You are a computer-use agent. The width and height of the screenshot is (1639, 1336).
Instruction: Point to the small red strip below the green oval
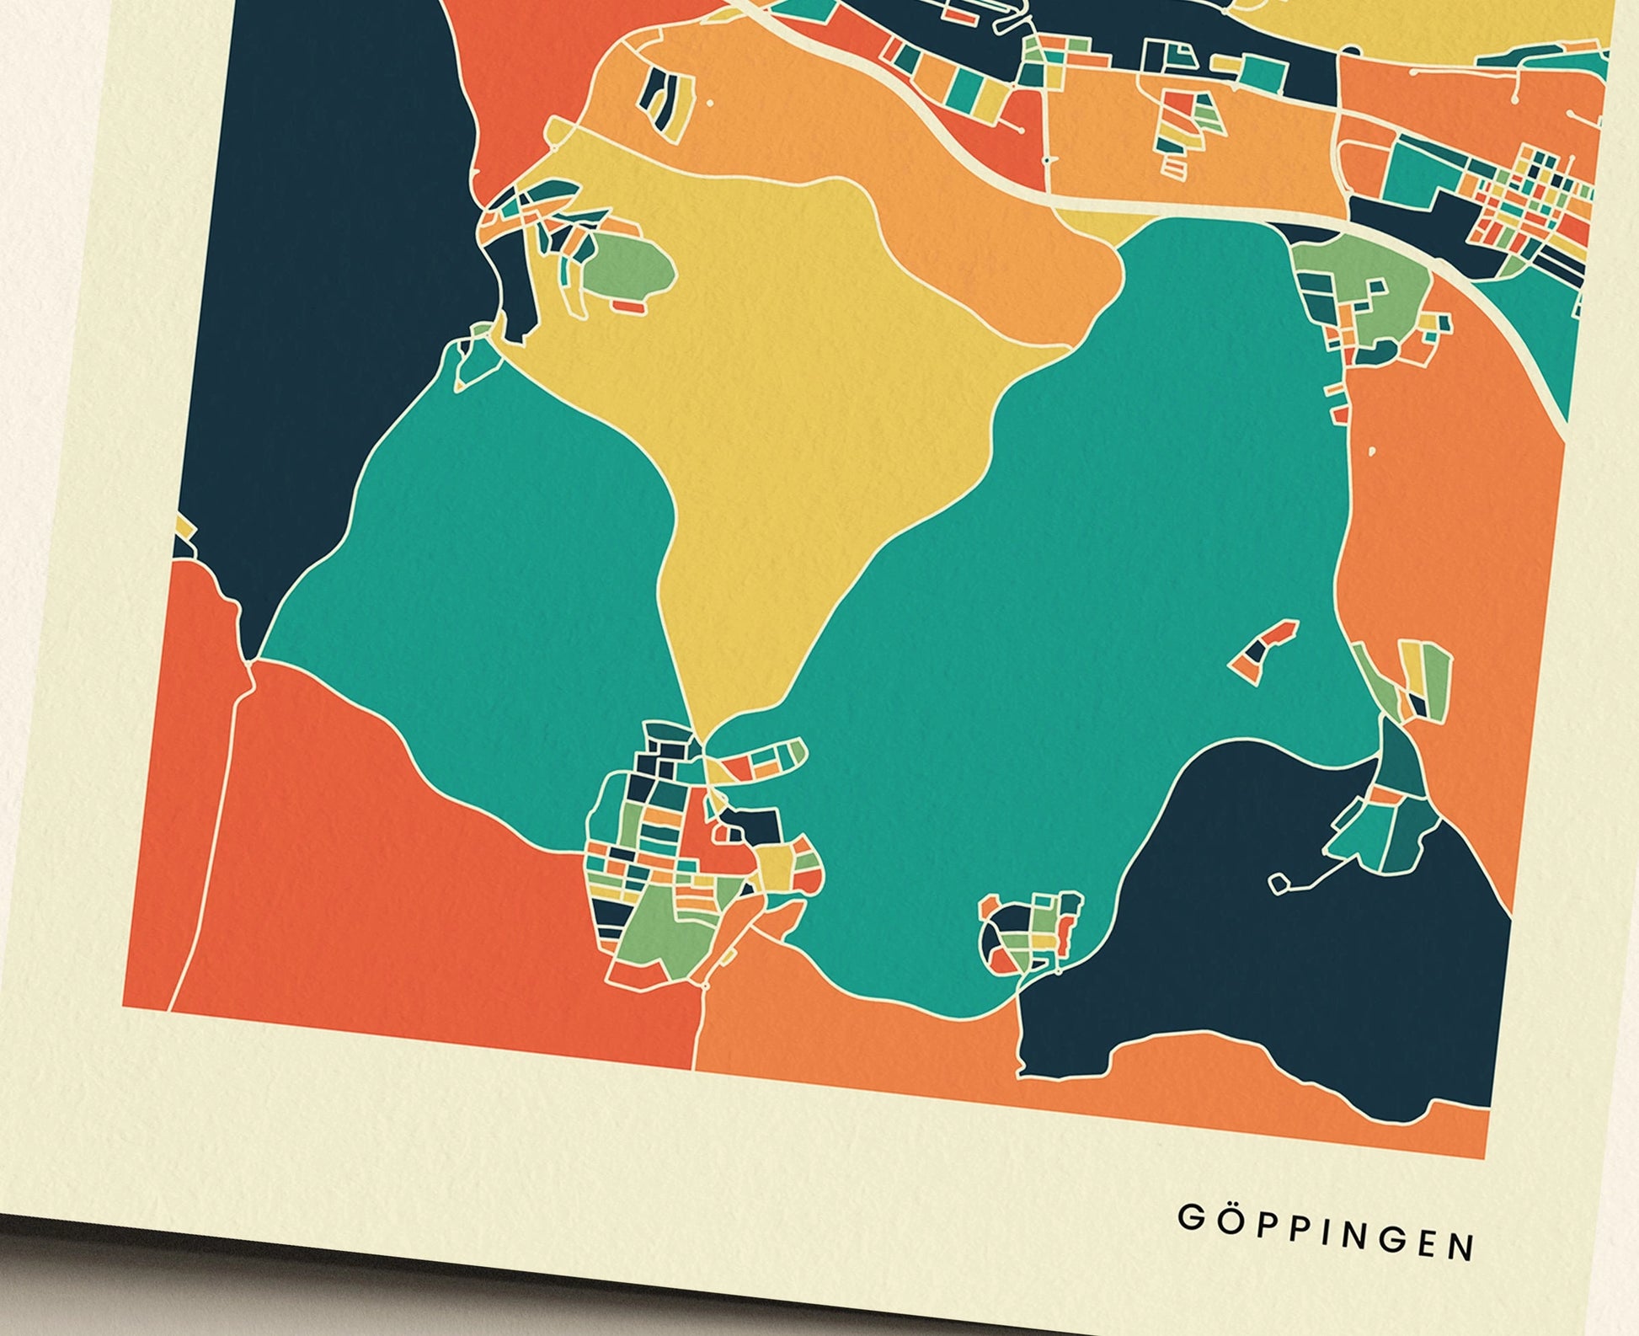(x=628, y=307)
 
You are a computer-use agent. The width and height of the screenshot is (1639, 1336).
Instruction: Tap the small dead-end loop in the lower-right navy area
(x=1279, y=883)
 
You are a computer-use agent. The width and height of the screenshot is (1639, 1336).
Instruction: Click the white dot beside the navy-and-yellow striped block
(x=711, y=103)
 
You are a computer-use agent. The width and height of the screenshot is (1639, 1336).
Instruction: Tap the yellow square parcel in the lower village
(x=775, y=863)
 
